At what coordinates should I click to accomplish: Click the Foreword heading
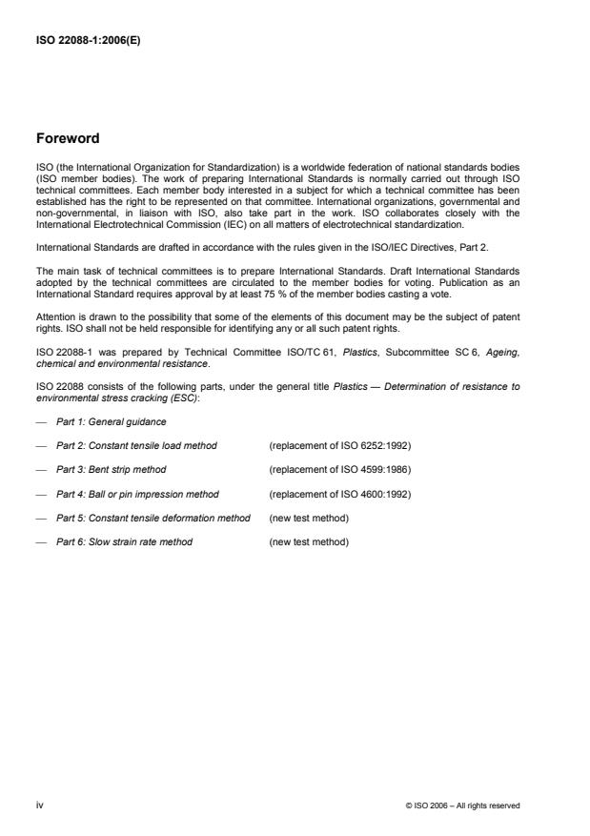[68, 139]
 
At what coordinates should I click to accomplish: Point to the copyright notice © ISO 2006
[462, 805]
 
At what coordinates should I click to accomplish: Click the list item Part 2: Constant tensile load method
[135, 445]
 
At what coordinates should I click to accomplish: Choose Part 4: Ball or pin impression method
[137, 494]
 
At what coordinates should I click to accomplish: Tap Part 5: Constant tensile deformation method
[153, 518]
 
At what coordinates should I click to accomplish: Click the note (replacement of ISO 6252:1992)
[340, 445]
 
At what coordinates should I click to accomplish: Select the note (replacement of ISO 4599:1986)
[340, 470]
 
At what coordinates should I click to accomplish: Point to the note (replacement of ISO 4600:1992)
[340, 494]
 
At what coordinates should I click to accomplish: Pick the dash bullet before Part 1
[40, 421]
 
